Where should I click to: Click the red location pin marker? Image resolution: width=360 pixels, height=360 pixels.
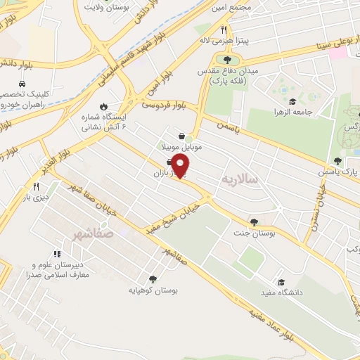click(x=181, y=166)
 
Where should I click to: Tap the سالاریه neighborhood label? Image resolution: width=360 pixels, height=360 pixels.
click(x=240, y=180)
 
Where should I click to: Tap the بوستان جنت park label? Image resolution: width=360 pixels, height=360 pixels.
click(x=254, y=233)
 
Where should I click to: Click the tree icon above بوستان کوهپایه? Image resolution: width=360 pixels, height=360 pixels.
click(x=153, y=278)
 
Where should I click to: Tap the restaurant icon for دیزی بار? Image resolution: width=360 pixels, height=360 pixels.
click(x=36, y=186)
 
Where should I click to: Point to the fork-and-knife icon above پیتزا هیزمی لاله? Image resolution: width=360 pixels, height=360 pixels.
click(x=224, y=30)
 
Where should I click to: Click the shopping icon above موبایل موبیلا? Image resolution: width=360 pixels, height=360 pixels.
click(x=182, y=136)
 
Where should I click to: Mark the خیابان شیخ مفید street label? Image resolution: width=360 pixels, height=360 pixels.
click(x=173, y=212)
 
